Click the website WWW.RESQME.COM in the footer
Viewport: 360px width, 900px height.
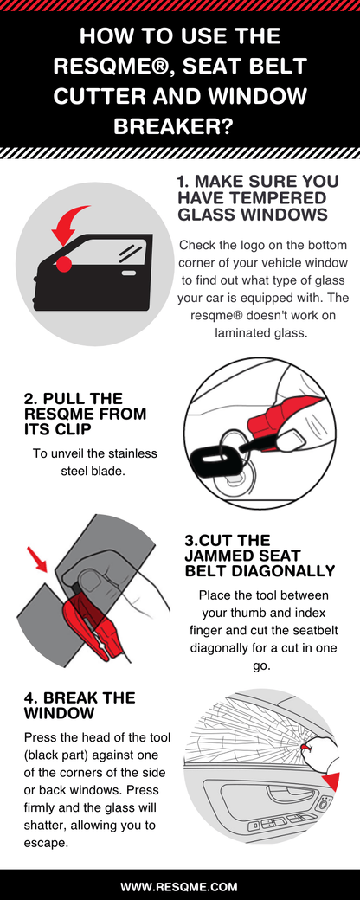coord(179,887)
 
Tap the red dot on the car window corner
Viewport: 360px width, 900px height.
coord(63,261)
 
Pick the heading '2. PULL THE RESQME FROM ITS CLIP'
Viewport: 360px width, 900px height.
coord(85,414)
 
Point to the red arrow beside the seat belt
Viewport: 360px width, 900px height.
coord(37,561)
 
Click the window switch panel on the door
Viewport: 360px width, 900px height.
coord(286,817)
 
